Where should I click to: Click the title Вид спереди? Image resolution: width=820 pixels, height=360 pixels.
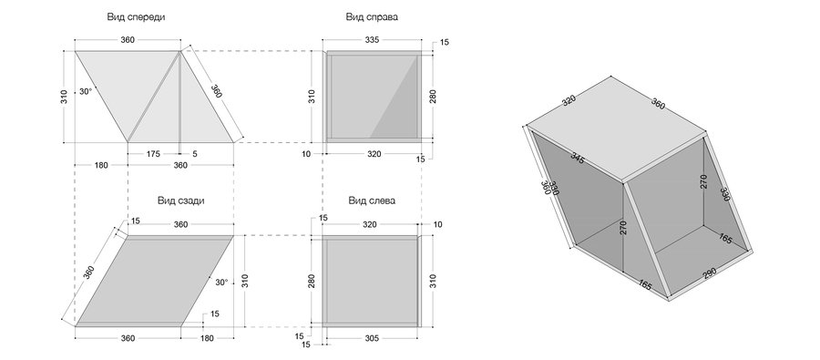pos(136,16)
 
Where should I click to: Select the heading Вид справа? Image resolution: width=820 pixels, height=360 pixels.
pos(372,16)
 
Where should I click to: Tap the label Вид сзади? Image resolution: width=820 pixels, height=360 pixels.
pos(181,201)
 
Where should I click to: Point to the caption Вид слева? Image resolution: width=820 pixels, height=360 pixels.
pos(372,201)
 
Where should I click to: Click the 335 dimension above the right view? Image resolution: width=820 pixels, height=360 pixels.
pos(373,40)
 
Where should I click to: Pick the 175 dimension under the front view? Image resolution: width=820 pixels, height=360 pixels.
pos(153,154)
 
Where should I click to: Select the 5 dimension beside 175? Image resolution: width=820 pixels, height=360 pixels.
pos(195,154)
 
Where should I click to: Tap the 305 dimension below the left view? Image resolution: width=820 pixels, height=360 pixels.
pos(372,338)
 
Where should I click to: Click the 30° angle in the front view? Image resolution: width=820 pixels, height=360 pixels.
pos(86,91)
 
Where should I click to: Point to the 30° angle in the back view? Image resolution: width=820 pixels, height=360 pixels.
pos(221,282)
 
